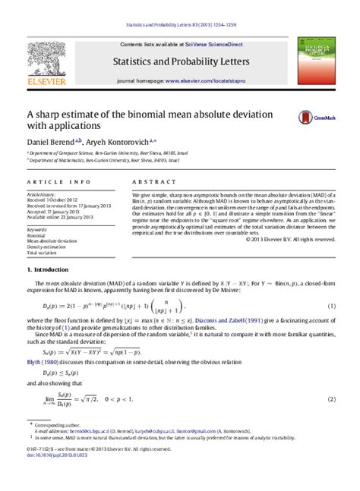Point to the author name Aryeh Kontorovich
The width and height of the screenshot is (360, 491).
point(113,142)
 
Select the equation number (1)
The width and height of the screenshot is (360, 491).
point(331,306)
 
